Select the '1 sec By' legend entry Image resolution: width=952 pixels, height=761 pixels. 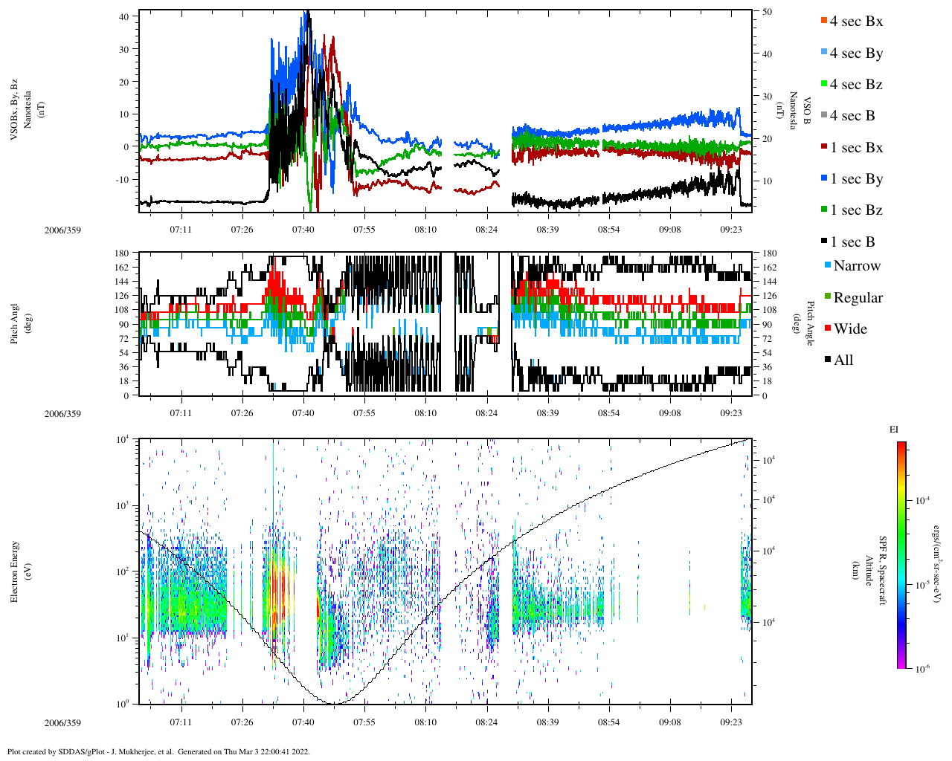point(856,179)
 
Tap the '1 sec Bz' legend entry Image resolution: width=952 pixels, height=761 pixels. point(856,210)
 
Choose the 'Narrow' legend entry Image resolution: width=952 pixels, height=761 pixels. point(857,266)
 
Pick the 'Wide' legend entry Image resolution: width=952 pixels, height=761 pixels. point(850,329)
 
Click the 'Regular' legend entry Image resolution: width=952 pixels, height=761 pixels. point(858,298)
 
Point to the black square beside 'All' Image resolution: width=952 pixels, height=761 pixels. point(828,360)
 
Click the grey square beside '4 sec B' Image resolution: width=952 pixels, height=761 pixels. point(823,116)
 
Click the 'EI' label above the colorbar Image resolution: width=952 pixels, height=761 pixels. point(894,430)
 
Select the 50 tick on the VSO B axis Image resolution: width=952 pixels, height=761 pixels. point(767,13)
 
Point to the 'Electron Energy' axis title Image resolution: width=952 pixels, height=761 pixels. point(15,571)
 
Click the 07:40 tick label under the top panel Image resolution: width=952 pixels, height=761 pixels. point(303,230)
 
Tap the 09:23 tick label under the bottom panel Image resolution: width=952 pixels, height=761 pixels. point(731,722)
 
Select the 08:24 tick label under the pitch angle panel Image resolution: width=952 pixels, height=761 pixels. point(486,413)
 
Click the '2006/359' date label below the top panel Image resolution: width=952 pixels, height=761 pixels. point(62,230)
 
